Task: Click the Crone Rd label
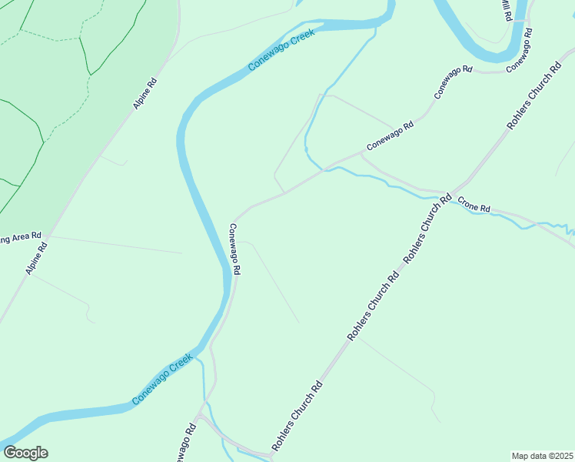(474, 206)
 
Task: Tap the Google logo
(25, 453)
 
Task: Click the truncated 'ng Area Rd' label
(20, 237)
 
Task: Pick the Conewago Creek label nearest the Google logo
(161, 380)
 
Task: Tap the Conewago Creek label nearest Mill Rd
(281, 50)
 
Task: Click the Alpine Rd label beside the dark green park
(145, 92)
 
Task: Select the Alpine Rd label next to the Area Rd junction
(36, 259)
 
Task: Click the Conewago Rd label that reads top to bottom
(235, 249)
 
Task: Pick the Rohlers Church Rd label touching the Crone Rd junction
(427, 229)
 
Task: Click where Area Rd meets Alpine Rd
(48, 236)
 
